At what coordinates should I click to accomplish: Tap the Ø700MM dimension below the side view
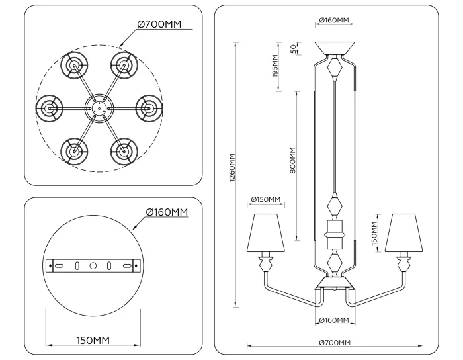pos(334,342)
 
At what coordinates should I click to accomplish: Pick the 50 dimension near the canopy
pos(294,50)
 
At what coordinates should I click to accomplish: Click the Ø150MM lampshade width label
pos(266,200)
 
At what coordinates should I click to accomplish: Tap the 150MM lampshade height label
pos(374,233)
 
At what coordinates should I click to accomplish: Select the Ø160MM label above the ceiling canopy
pos(334,21)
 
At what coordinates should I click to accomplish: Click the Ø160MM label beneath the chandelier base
pos(334,320)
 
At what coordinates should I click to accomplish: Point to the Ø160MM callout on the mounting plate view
pos(167,212)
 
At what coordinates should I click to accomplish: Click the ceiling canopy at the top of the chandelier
pos(335,48)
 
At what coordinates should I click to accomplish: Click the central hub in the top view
pos(98,107)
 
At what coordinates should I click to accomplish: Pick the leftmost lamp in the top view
pos(49,107)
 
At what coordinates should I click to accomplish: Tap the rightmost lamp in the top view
pos(147,107)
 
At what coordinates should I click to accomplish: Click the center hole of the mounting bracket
pos(93,265)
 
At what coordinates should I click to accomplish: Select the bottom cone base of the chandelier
pos(335,283)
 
